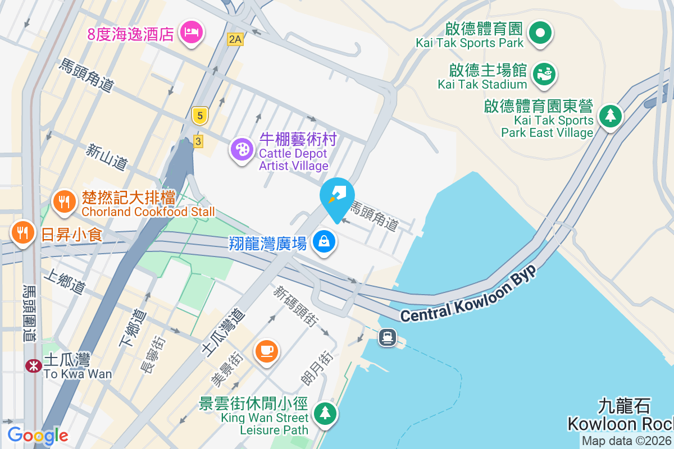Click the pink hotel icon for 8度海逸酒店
pyautogui.click(x=192, y=32)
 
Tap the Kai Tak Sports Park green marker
pyautogui.click(x=540, y=32)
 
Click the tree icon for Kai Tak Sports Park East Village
pyautogui.click(x=610, y=116)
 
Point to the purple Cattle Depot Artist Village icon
pyautogui.click(x=243, y=149)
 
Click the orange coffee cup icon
pyautogui.click(x=266, y=351)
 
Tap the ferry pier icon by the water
pyautogui.click(x=388, y=337)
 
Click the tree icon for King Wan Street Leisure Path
pyautogui.click(x=325, y=413)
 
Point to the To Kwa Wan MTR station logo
pyautogui.click(x=34, y=365)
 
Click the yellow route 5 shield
pyautogui.click(x=199, y=116)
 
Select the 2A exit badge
pyautogui.click(x=235, y=39)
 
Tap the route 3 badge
pyautogui.click(x=198, y=141)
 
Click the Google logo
pyautogui.click(x=38, y=435)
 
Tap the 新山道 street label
pyautogui.click(x=107, y=157)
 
